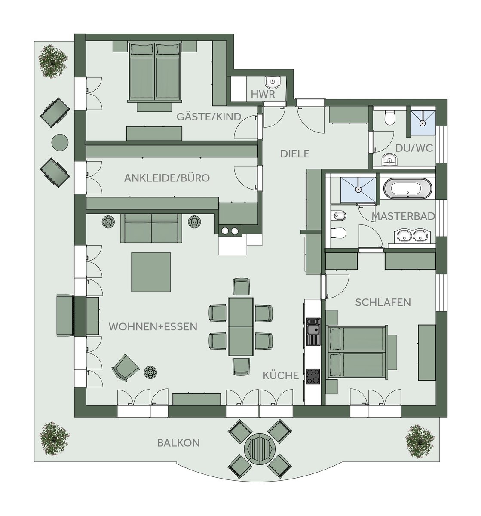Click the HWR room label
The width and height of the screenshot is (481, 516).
(x=263, y=94)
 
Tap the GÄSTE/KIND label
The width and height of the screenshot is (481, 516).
(x=209, y=117)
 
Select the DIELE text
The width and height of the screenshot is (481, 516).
(x=295, y=154)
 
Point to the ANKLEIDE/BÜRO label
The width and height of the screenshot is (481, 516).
(x=167, y=178)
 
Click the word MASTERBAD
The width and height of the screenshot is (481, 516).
(x=403, y=216)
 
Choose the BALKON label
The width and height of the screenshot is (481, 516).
(x=178, y=443)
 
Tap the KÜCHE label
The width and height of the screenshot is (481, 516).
(x=281, y=375)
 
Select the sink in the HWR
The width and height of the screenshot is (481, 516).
(x=272, y=83)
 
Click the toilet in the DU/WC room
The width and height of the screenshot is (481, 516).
(x=389, y=117)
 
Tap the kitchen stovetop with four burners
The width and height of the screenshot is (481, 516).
(x=313, y=376)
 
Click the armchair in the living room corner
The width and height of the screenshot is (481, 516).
(x=125, y=368)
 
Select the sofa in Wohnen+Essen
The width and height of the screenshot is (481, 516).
(x=151, y=228)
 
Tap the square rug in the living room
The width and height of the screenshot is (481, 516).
(x=151, y=272)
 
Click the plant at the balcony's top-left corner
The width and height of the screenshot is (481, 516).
(x=53, y=61)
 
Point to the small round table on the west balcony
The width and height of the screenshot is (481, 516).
(x=60, y=142)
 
